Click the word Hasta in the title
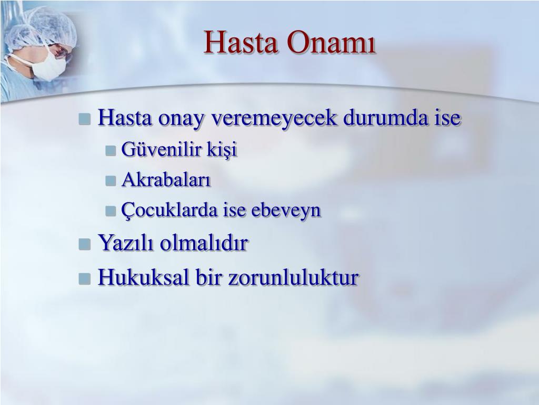tap(241, 42)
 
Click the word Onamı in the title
tap(331, 42)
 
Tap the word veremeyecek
tap(274, 118)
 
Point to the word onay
tap(181, 119)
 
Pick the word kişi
tap(222, 150)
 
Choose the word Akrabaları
tap(166, 179)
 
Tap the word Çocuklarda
tap(169, 210)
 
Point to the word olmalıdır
tap(204, 243)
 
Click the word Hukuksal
tap(144, 277)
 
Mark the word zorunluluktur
tap(294, 277)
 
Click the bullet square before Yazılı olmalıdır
tap(85, 244)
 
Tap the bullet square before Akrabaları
tap(111, 181)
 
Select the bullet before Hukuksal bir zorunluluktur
tap(85, 278)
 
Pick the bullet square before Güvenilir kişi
tap(111, 150)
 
